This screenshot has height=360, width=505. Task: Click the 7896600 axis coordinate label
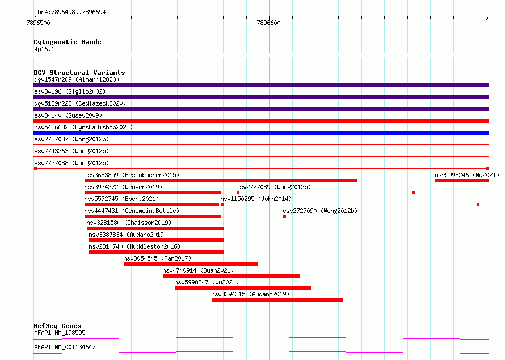268,23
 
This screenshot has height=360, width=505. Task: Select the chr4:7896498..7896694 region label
70,12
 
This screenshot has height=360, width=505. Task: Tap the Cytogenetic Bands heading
68,42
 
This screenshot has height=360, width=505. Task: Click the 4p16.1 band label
44,49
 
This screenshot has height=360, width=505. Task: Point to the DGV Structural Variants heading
79,73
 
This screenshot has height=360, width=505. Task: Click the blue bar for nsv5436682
261,133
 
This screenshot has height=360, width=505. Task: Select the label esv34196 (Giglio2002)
70,91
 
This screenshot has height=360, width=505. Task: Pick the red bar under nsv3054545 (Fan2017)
191,264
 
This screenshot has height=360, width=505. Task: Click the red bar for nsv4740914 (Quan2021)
231,276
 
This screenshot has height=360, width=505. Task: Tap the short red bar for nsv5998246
462,181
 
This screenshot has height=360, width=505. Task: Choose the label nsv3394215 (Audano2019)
250,294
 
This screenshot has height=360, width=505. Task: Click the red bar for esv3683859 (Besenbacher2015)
221,181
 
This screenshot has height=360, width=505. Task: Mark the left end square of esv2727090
284,216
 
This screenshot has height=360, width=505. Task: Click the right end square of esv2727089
413,192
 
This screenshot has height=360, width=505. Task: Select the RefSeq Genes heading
57,326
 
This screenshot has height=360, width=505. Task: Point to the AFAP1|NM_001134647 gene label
65,347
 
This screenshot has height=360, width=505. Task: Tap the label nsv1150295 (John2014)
256,199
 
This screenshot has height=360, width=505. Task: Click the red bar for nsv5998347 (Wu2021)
243,288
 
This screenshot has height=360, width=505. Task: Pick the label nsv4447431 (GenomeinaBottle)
132,211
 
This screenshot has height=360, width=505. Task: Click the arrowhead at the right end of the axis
487,18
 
